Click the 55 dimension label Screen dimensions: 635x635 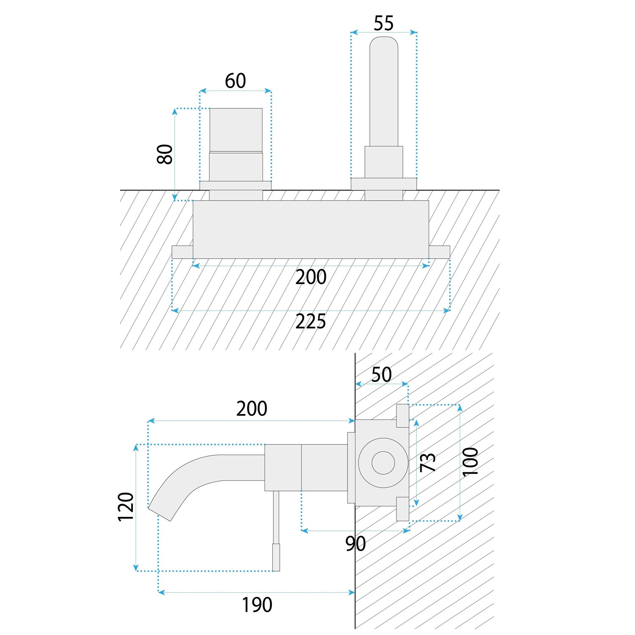(x=384, y=23)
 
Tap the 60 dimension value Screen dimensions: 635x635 (x=235, y=81)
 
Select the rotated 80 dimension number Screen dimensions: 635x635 (x=165, y=154)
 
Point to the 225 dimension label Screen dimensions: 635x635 (x=311, y=322)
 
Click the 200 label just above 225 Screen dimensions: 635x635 (x=311, y=277)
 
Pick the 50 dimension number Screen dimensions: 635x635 (x=381, y=375)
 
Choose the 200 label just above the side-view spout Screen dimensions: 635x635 (x=251, y=409)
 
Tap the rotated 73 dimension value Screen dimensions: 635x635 (x=428, y=462)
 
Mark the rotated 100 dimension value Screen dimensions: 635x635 (x=470, y=461)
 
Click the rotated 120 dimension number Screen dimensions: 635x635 (x=126, y=507)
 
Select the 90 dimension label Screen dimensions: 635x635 (x=356, y=544)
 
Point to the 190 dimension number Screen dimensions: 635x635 (x=257, y=605)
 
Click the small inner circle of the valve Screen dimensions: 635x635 (x=383, y=463)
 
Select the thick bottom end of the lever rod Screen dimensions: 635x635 (x=276, y=558)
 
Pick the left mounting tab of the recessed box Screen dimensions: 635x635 (x=182, y=251)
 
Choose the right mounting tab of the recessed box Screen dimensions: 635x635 (x=439, y=251)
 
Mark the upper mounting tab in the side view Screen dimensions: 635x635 (x=402, y=416)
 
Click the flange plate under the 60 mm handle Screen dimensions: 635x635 (x=235, y=185)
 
